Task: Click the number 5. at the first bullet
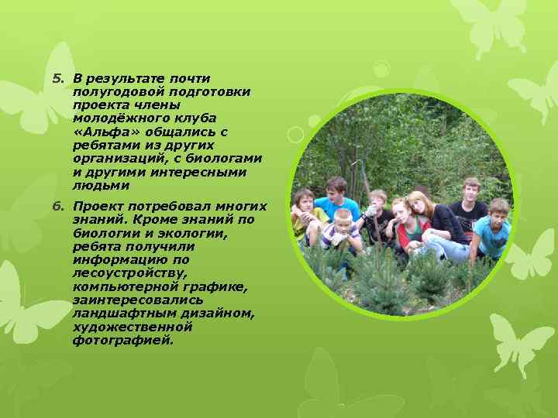point(57,78)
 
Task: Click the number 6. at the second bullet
point(57,207)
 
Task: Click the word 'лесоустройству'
point(126,272)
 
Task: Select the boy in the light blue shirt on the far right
point(494,229)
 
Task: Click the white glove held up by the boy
point(372,211)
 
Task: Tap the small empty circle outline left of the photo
point(294,133)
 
